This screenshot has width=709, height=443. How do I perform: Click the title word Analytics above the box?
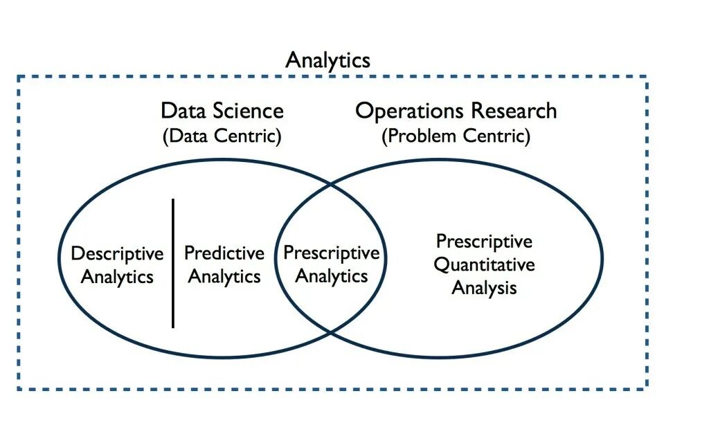pos(327,60)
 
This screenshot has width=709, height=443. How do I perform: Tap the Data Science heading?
pos(222,111)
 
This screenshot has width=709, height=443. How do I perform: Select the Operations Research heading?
pos(456,111)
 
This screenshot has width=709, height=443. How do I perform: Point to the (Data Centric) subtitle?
pos(222,136)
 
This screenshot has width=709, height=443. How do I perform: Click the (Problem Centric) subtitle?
pos(456,136)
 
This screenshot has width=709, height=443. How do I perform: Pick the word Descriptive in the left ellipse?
pos(117,254)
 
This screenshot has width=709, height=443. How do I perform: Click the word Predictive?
pos(224,254)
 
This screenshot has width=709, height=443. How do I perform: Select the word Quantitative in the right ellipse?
pos(484,264)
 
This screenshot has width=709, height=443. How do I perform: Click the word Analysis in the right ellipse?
pos(484,287)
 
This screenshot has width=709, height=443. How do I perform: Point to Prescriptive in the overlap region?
pos(332,253)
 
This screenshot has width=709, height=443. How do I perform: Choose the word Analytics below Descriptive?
pos(117,278)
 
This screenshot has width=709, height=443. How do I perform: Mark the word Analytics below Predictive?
pos(224,278)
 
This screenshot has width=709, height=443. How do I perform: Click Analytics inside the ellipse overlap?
pos(332,277)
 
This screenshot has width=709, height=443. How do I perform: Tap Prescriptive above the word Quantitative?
pos(484,242)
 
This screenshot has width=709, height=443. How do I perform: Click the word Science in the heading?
pos(249,111)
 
